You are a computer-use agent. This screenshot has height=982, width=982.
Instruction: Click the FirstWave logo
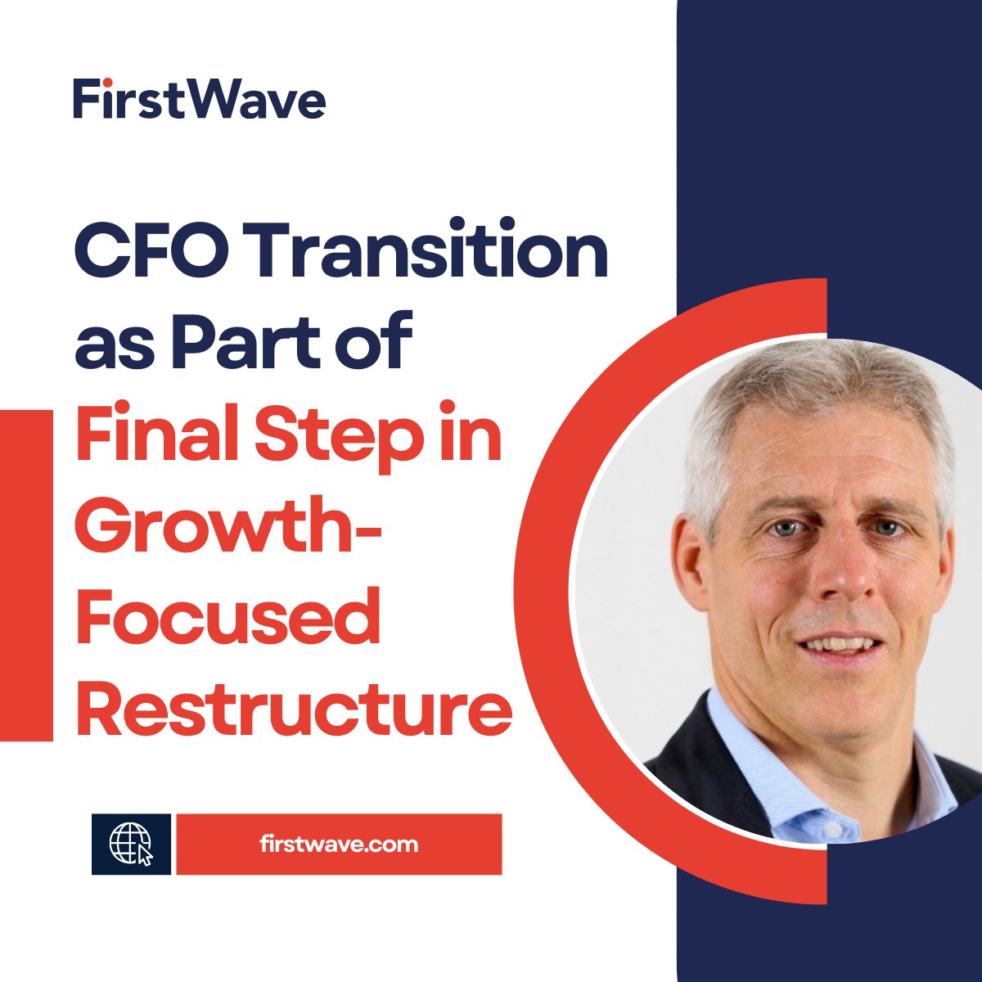click(200, 98)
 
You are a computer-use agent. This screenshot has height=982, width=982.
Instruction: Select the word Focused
click(228, 617)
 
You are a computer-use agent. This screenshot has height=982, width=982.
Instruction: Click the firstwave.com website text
click(338, 844)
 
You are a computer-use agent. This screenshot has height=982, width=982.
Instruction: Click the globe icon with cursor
click(131, 844)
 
